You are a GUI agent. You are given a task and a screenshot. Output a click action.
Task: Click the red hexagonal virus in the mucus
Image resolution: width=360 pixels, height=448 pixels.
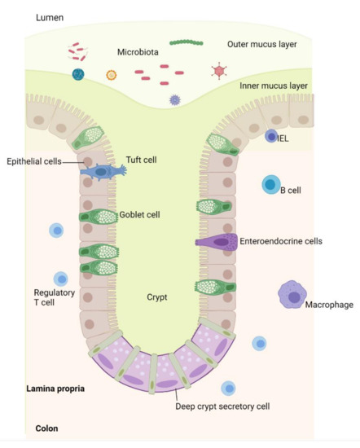(218, 71)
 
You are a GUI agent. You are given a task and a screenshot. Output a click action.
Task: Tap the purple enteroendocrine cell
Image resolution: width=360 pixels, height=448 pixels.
(216, 241)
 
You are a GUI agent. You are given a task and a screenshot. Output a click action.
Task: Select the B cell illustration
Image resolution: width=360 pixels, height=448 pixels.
(270, 185)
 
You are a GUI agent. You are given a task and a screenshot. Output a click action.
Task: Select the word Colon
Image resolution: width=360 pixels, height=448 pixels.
(48, 428)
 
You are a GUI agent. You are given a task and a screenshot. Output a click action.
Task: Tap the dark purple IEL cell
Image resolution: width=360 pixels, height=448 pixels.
(271, 137)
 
